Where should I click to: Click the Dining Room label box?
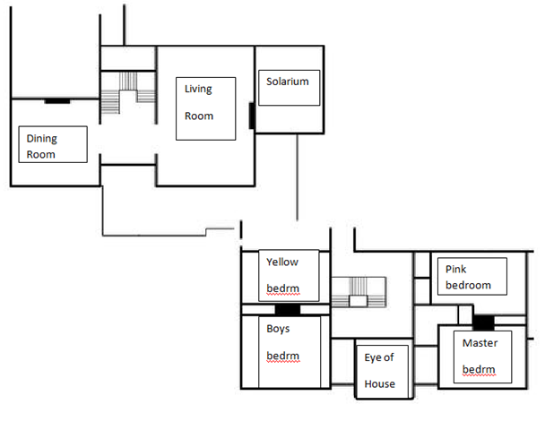(53, 144)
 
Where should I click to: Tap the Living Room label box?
(206, 108)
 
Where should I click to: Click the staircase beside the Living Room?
(128, 92)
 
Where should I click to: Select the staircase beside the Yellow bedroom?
(359, 292)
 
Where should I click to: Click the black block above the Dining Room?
(57, 101)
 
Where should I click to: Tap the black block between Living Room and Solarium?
(252, 116)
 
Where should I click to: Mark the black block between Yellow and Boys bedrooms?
(288, 309)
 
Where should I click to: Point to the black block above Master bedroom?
(483, 322)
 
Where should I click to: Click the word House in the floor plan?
(379, 383)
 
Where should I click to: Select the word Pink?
(455, 269)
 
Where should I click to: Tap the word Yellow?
(282, 262)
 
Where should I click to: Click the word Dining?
(42, 139)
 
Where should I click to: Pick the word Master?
(480, 343)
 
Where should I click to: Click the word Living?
(198, 89)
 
